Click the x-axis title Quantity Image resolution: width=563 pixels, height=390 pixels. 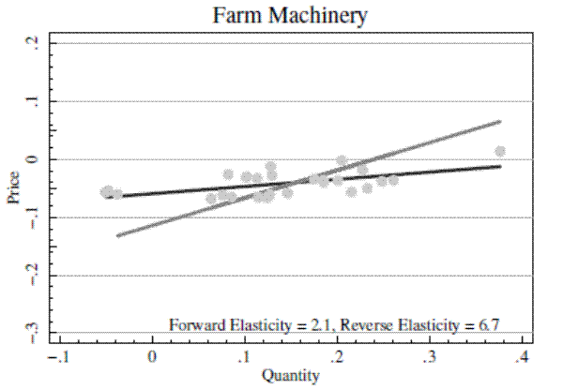pyautogui.click(x=290, y=377)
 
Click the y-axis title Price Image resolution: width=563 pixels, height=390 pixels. pyautogui.click(x=14, y=188)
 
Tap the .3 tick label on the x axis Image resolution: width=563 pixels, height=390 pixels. pyautogui.click(x=430, y=357)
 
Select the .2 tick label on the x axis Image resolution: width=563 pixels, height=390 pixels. pyautogui.click(x=337, y=357)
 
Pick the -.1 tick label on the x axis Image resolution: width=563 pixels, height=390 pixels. pyautogui.click(x=58, y=357)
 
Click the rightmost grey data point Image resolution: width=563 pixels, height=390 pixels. pyautogui.click(x=500, y=151)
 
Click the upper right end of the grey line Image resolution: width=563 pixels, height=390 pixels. pyautogui.click(x=501, y=121)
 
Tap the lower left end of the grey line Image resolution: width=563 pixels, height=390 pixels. pyautogui.click(x=117, y=235)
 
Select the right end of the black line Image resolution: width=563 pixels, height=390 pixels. pyautogui.click(x=500, y=166)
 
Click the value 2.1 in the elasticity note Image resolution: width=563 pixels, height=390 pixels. pyautogui.click(x=318, y=325)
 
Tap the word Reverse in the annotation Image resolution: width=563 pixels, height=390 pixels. pyautogui.click(x=367, y=325)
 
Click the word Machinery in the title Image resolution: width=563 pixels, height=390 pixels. pyautogui.click(x=321, y=16)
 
